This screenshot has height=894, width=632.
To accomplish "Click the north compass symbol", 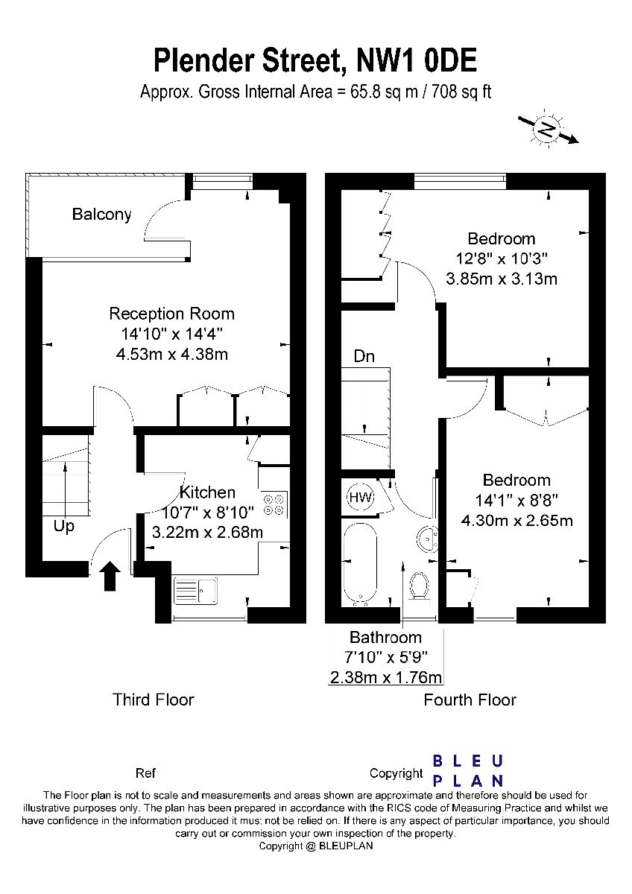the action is pos(548,128).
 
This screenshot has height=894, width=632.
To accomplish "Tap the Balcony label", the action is pos(102,215).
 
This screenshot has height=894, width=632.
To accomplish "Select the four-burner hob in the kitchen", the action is pos(274,504).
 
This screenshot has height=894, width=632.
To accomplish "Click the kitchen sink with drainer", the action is pos(195,590).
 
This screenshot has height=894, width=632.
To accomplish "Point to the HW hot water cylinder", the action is pos(361,498).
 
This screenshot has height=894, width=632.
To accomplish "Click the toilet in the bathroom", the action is pos(419,586).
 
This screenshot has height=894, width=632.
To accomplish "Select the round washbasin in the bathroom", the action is pos(428,538).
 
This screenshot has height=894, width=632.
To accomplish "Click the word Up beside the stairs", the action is pos(64,527).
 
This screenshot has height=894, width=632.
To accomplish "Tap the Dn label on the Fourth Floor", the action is pos(364,356).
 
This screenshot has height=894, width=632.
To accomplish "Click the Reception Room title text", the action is pos(171,314).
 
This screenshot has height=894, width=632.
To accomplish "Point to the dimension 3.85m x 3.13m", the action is pos(502,279).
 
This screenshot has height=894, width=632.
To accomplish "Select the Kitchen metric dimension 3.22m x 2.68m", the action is pos(208,532).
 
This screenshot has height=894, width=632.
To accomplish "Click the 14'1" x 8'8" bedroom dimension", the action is pos(516,500).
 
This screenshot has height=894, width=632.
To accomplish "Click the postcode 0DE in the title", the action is pos(450,60).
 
